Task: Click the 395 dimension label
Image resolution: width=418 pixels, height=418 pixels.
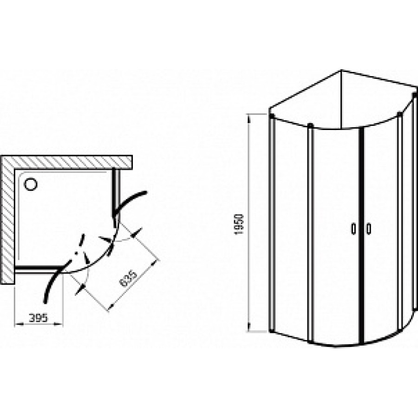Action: [x=38, y=318]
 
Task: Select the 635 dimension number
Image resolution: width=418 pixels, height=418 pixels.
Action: [x=128, y=279]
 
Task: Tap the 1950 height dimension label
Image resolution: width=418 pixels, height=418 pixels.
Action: [x=239, y=224]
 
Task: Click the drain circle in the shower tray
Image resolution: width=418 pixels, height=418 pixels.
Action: [x=31, y=184]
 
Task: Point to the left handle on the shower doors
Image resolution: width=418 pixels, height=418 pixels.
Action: [x=353, y=229]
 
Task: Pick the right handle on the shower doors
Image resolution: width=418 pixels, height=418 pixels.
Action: [x=369, y=229]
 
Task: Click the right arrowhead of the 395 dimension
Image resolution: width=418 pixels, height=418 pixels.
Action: [x=59, y=324]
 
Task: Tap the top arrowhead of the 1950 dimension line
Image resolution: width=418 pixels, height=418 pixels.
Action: [x=249, y=118]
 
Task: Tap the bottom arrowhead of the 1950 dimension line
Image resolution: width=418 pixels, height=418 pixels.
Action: [x=249, y=327]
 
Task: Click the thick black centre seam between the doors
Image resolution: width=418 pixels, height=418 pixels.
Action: [x=361, y=235]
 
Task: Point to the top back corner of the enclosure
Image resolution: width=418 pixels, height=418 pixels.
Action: [x=341, y=70]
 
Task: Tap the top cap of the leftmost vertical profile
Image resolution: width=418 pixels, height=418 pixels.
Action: [x=272, y=116]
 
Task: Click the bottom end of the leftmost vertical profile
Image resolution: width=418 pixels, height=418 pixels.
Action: [x=271, y=331]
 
